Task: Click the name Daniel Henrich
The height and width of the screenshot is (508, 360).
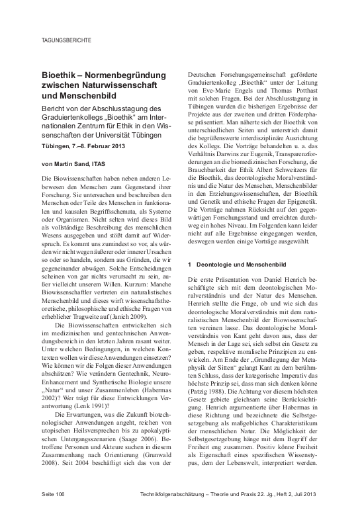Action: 283,280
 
